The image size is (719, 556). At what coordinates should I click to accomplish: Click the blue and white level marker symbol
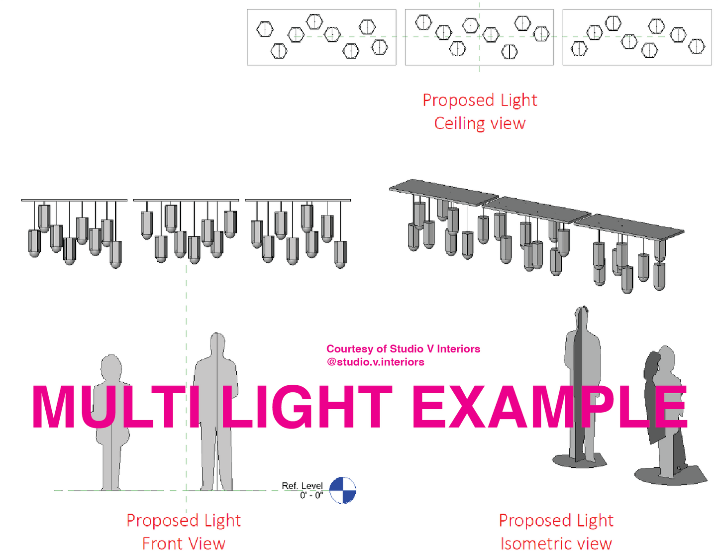pos(343,490)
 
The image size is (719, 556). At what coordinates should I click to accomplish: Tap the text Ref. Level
pos(302,485)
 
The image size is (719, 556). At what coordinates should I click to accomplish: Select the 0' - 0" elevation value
pos(311,495)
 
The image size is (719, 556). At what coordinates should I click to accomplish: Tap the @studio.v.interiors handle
pos(375,362)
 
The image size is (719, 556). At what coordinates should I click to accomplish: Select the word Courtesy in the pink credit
pos(349,349)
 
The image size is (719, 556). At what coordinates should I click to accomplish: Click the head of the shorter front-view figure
pos(111,367)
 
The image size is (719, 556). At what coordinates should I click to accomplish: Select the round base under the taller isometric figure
pos(580,460)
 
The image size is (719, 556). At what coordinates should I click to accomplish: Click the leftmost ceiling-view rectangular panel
pos(321,37)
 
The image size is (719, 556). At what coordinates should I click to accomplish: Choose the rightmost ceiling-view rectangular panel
pos(637,37)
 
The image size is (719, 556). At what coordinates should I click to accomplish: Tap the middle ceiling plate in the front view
pos(186,201)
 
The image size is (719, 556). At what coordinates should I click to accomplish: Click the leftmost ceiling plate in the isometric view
pos(443,192)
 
